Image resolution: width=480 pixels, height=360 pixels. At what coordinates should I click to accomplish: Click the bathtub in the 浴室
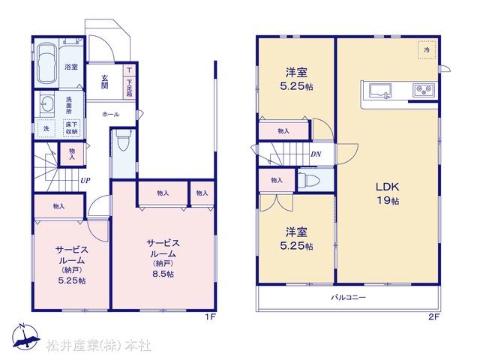coord(46,63)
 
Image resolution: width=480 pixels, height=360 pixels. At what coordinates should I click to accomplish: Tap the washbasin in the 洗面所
coord(46,105)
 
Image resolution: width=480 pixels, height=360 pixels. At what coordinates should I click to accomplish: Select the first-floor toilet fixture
coord(123,140)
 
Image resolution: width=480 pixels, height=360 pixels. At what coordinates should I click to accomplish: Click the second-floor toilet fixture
coord(308,180)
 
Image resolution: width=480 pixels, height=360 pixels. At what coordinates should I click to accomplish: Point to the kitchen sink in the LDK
coord(380,91)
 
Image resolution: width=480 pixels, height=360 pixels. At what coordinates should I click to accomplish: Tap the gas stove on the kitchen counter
coord(424,90)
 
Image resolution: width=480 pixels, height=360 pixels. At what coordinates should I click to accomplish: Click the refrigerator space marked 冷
coord(427,50)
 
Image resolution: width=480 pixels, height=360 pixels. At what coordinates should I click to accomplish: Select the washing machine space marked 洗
coord(46,128)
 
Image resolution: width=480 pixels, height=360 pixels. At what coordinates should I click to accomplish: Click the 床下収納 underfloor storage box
coord(72,128)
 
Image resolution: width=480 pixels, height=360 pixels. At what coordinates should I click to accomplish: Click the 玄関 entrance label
coord(105,81)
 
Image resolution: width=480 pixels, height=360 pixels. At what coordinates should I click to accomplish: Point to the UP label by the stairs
coord(85,180)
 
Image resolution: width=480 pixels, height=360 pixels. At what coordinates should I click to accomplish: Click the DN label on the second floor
coord(316,154)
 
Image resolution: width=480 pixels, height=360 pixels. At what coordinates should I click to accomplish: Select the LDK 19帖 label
coord(388,193)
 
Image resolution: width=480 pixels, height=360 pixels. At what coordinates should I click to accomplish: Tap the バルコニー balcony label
coord(349,297)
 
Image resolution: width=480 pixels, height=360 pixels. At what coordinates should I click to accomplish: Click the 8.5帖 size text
coord(163,274)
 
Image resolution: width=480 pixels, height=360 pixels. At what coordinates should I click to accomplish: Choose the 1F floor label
coord(211,317)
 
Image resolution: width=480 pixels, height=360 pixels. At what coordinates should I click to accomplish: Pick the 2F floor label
coord(434,317)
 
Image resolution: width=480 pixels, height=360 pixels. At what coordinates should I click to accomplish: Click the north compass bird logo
coord(25,337)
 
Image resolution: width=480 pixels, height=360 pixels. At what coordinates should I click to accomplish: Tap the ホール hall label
coord(110,115)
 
